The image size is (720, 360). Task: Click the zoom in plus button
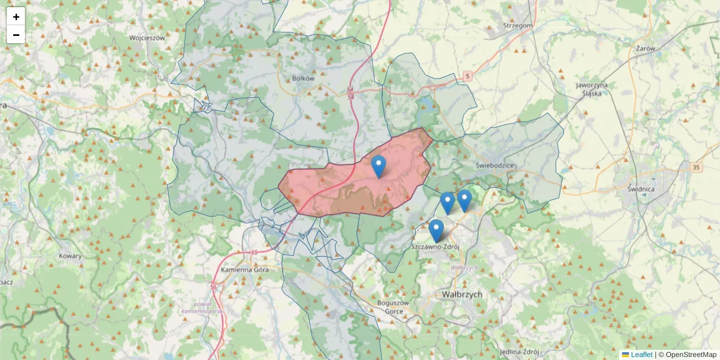coord(16,17)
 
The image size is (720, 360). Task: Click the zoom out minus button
coord(16,35)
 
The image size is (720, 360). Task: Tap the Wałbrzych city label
coord(461,295)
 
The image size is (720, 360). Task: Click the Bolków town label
coord(303,78)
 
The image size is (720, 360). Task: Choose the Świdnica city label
coord(640,189)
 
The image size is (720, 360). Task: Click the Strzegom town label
coord(517,26)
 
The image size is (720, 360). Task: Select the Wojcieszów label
coord(147,37)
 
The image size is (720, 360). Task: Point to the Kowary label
coord(70,256)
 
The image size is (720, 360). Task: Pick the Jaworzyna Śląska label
coord(592,89)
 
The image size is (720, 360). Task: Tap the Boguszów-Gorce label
coord(394,307)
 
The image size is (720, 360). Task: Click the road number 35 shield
coord(695,167)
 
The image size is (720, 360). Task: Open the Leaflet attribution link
coord(641,355)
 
